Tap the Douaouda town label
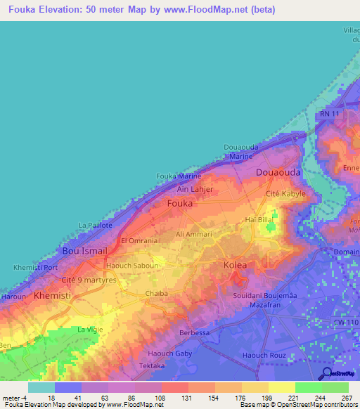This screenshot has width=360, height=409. pos(276,172)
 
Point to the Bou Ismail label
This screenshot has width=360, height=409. pos(84,251)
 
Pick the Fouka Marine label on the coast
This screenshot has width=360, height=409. pos(179,176)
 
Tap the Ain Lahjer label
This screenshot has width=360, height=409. pos(195,189)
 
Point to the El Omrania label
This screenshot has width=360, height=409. pos(138,240)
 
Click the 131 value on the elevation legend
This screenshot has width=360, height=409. pos(188,398)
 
